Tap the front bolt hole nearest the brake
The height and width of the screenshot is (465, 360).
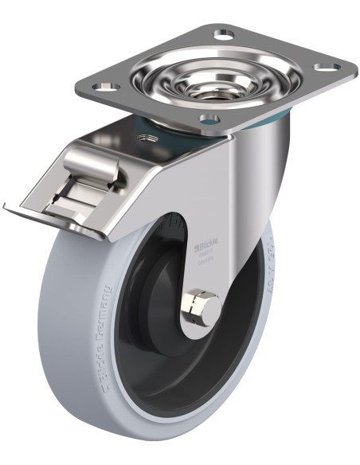coord(209,121)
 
